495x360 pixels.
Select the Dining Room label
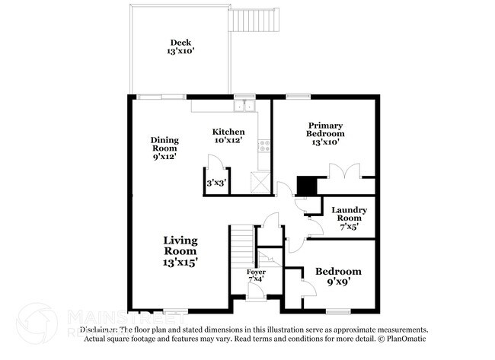[x=164, y=147]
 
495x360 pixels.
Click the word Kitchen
[x=228, y=132]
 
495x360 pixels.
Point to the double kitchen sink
[x=244, y=107]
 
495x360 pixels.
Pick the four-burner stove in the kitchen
[x=264, y=145]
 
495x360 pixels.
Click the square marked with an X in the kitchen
[x=261, y=182]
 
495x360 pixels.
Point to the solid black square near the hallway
[x=305, y=185]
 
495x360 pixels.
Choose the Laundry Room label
[x=350, y=214]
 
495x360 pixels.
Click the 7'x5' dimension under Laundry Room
[x=350, y=226]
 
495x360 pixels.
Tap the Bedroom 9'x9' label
[x=339, y=277]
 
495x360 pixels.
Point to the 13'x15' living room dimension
[x=180, y=262]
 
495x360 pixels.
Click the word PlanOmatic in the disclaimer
[x=407, y=339]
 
